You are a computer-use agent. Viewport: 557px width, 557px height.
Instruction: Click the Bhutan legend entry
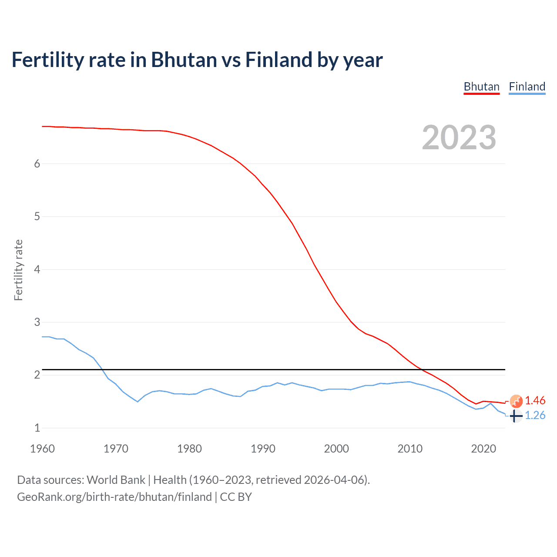click(x=481, y=87)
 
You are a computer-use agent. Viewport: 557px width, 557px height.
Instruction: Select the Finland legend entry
click(x=527, y=87)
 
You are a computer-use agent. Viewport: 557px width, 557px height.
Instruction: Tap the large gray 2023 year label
click(x=459, y=138)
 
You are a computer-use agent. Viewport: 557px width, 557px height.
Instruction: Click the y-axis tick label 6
click(x=37, y=164)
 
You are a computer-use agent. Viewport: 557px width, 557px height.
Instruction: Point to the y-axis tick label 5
click(x=37, y=217)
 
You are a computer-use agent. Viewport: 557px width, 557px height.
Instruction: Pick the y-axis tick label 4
click(x=37, y=269)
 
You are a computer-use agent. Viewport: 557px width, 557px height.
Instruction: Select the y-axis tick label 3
click(x=37, y=322)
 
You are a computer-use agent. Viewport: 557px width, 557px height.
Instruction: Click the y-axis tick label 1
click(x=37, y=428)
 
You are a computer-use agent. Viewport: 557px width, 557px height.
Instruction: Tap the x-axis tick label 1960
click(x=42, y=449)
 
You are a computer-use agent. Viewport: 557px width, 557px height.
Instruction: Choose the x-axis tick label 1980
click(x=189, y=449)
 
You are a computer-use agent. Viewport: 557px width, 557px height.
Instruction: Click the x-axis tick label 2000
click(x=336, y=449)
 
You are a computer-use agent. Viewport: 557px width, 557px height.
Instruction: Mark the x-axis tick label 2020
click(x=483, y=449)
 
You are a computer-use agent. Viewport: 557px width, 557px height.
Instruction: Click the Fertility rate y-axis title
click(x=18, y=270)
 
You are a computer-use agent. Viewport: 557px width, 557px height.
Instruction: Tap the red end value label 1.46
click(x=535, y=401)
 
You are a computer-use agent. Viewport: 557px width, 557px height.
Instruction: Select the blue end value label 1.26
click(x=535, y=416)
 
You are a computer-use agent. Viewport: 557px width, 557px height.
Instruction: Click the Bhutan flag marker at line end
click(x=516, y=401)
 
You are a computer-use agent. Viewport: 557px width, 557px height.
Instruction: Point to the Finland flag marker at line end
click(x=516, y=416)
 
